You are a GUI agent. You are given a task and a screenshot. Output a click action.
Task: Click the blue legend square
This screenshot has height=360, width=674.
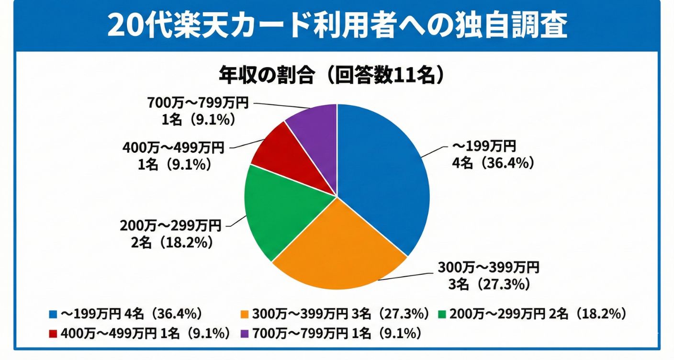tap(53, 314)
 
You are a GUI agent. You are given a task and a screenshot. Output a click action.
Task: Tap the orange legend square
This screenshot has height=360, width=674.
tap(245, 314)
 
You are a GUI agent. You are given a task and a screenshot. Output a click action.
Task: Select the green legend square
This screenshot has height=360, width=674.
tap(442, 314)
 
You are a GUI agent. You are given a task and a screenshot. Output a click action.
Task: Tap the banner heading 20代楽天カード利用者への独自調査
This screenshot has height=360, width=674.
tap(337, 25)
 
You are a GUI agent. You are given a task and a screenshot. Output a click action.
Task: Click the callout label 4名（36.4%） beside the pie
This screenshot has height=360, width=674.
tap(493, 163)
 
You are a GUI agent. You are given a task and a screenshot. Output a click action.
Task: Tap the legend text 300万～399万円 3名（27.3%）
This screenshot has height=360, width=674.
tap(340, 314)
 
